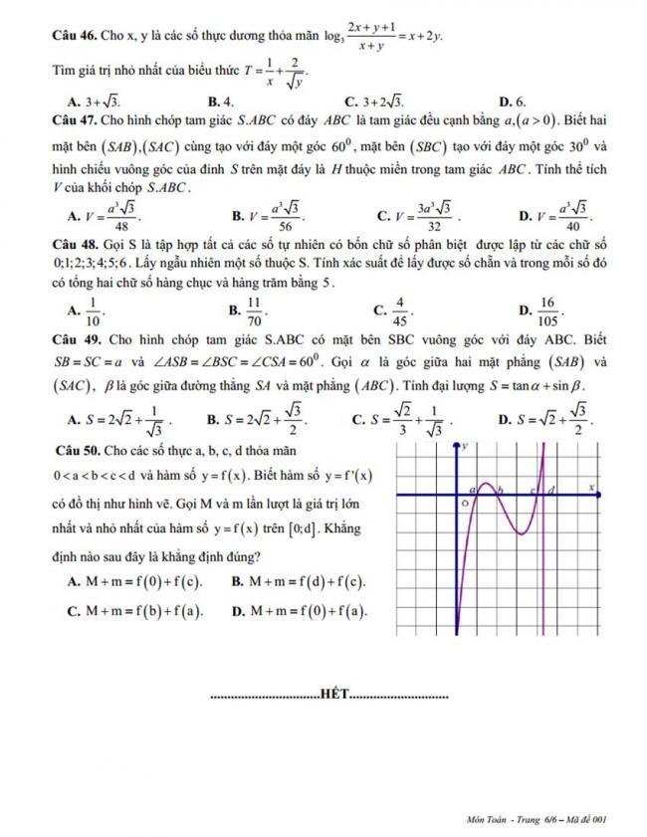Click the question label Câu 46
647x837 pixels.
coord(74,38)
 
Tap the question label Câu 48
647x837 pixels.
coord(74,245)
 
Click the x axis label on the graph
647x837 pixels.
coord(591,488)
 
